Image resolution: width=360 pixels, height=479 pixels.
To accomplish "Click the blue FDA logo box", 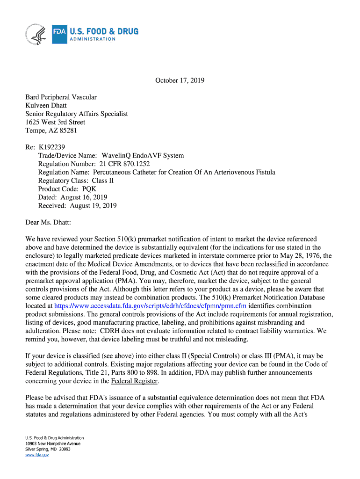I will [59, 34].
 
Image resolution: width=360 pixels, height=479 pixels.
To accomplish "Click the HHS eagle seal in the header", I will [34, 34].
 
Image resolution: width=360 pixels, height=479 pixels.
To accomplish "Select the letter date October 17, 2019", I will [180, 80].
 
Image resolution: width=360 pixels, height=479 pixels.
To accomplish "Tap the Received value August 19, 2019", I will [93, 206].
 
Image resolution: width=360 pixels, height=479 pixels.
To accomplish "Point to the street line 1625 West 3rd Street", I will [55, 122].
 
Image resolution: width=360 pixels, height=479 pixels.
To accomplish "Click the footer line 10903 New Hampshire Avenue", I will [53, 443].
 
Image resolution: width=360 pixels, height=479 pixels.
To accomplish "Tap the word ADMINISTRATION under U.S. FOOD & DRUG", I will [93, 39].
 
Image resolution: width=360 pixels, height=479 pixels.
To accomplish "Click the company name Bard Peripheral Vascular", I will [61, 97].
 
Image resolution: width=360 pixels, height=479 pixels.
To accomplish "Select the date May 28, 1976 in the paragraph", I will [297, 256].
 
